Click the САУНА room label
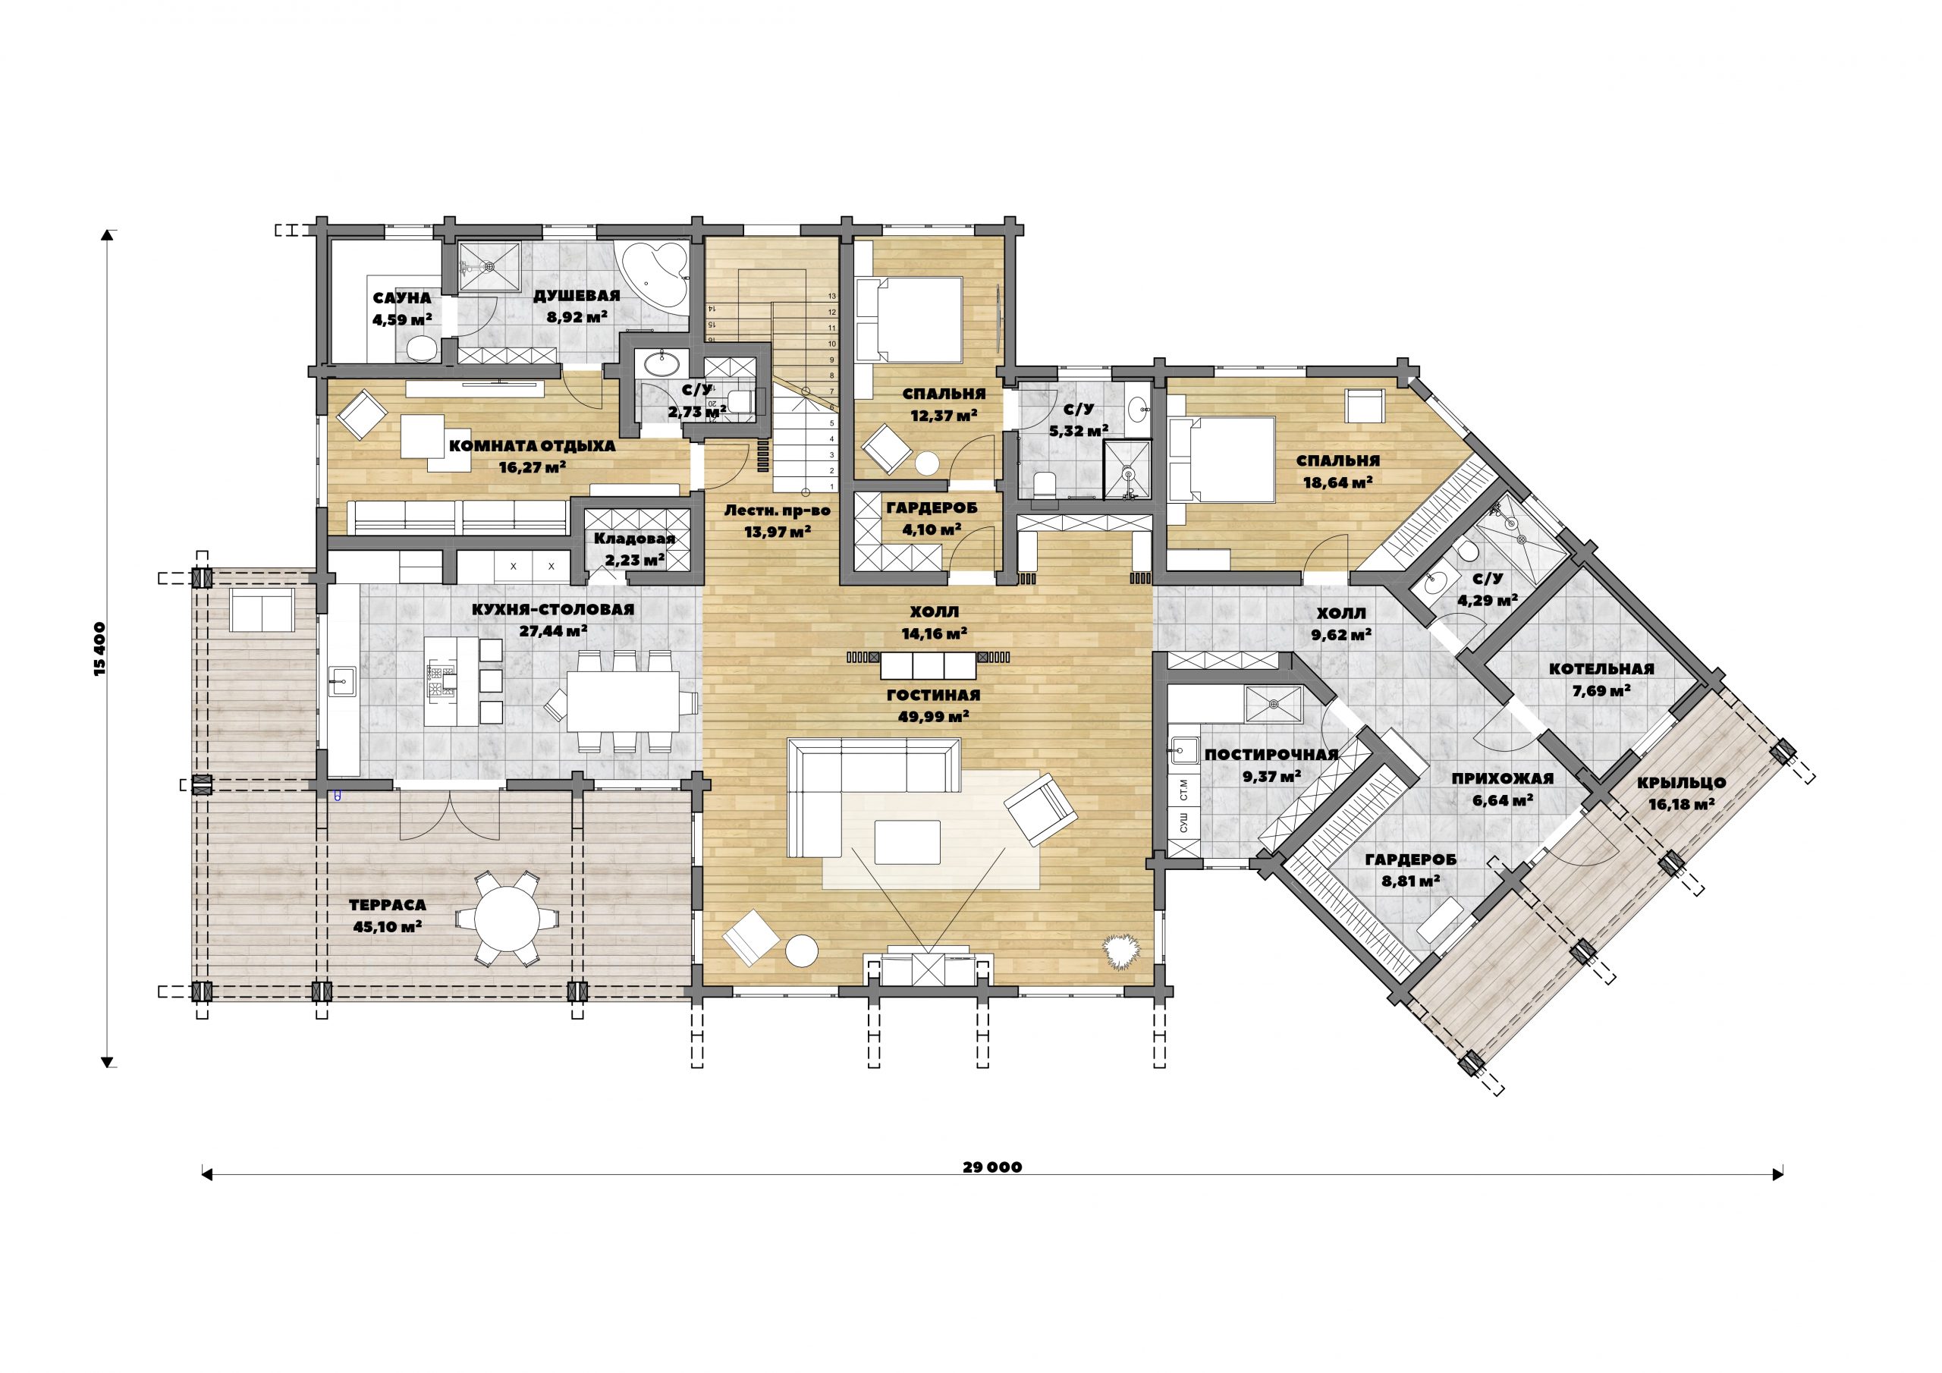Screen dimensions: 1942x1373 pos(402,299)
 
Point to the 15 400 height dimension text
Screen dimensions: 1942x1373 pos(100,649)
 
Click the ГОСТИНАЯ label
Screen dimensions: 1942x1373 pos(933,696)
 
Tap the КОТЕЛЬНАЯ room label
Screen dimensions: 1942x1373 pos(1601,669)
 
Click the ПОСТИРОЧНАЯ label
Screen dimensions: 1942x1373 pos(1271,755)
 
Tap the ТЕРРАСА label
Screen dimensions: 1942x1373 pos(388,905)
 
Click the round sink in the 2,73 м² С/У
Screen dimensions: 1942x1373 pos(661,366)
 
